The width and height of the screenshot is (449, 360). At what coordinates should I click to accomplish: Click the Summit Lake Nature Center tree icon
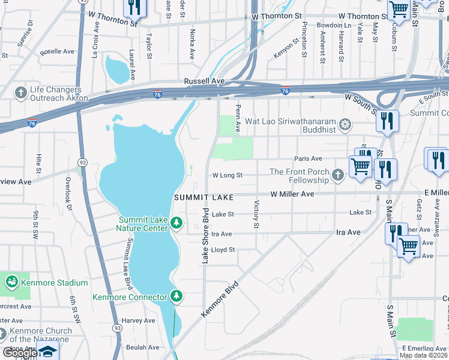point(176,223)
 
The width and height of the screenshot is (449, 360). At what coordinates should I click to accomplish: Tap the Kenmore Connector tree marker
point(176,296)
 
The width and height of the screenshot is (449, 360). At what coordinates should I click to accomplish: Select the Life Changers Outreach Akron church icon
point(20,93)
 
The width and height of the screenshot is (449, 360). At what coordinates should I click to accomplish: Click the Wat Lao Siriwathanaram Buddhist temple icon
point(345,125)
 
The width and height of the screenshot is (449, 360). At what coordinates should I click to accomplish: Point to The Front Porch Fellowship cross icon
point(338,175)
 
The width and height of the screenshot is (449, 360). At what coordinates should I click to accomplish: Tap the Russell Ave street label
point(204,81)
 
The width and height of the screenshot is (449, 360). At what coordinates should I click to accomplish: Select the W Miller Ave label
point(292,194)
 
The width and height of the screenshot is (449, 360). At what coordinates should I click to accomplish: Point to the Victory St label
point(256,214)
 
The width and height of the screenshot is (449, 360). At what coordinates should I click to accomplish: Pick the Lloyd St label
point(223,250)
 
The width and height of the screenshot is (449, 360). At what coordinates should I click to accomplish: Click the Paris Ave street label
point(309,158)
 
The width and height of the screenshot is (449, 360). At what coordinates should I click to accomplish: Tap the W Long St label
point(227,176)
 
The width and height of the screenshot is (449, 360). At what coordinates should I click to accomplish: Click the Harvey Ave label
point(138,321)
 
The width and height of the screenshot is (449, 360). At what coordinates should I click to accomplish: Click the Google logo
point(20,353)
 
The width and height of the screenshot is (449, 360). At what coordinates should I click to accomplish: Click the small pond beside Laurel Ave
point(118,69)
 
